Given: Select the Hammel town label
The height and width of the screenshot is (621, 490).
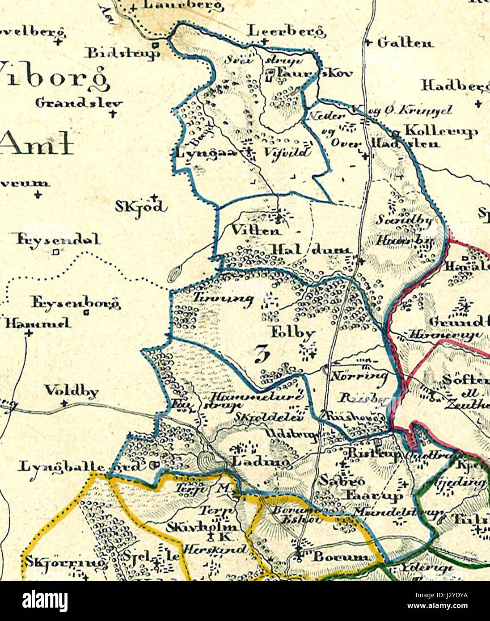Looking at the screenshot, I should [38, 323].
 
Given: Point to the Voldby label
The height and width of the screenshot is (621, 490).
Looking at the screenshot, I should [71, 392].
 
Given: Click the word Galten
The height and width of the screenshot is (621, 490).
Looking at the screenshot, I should [405, 43].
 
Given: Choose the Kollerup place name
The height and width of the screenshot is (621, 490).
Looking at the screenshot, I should [441, 131].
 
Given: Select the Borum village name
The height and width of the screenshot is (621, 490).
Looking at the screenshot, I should [341, 557].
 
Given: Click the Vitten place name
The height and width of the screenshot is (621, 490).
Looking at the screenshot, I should [257, 231].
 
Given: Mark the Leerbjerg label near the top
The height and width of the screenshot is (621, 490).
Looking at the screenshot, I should [286, 32].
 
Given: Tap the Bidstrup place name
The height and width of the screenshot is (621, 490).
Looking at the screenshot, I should [123, 53].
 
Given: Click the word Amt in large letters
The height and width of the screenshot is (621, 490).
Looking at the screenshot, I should [37, 143].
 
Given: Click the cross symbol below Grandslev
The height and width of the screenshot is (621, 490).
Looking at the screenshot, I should [112, 113].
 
